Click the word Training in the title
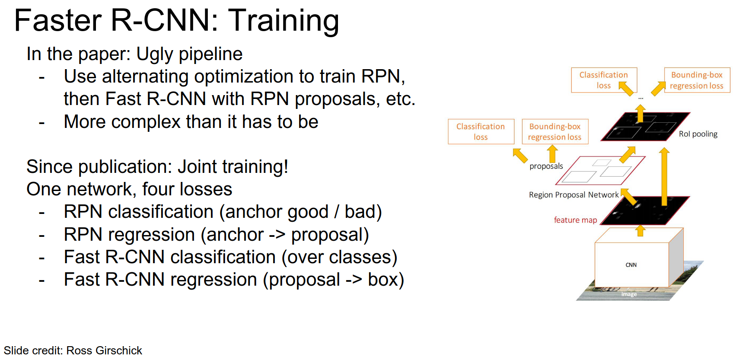click(x=284, y=21)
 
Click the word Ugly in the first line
click(x=155, y=54)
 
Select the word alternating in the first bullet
click(x=145, y=76)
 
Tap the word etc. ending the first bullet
click(x=401, y=99)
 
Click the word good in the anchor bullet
click(x=308, y=212)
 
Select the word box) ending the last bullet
click(x=386, y=280)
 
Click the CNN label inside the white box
click(x=631, y=265)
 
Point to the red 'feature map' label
click(x=575, y=220)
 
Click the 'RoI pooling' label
click(x=698, y=134)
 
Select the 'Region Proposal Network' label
click(x=574, y=195)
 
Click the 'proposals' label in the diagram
click(x=546, y=166)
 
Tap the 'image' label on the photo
click(x=629, y=294)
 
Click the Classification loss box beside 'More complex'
click(x=481, y=131)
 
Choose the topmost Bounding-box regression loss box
click(x=697, y=80)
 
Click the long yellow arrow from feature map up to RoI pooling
click(x=664, y=177)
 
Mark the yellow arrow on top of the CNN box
click(x=641, y=230)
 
